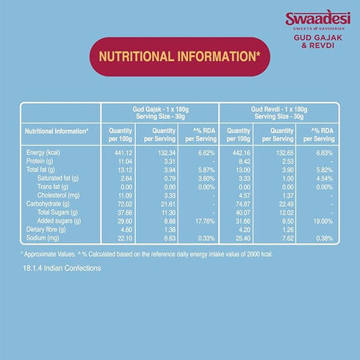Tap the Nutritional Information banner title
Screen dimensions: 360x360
179,56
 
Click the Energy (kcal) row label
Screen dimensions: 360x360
42,152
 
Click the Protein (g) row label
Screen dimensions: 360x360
39,161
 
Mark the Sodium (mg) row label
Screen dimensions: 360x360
40,239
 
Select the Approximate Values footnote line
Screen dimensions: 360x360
147,253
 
